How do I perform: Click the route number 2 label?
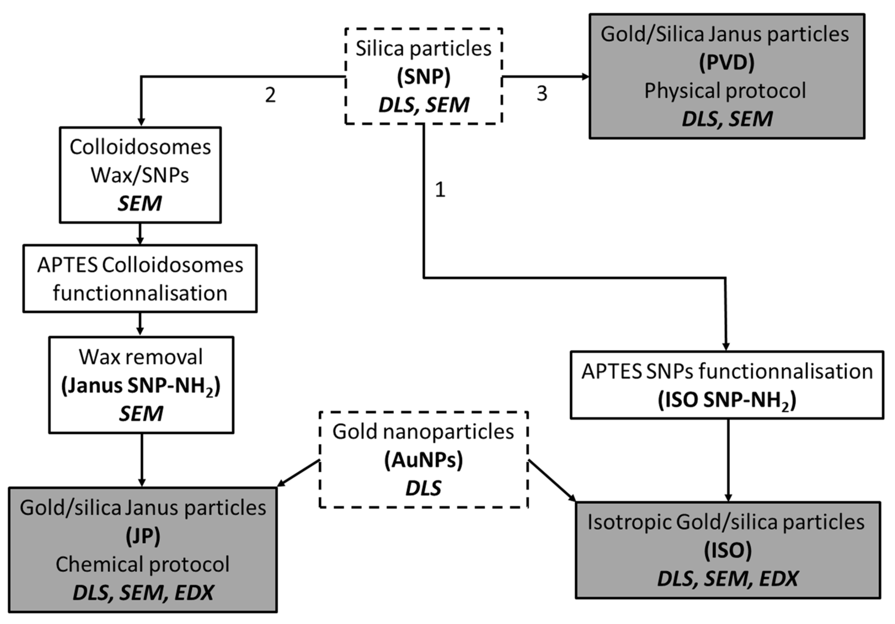click(x=270, y=95)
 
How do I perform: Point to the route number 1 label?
click(x=440, y=189)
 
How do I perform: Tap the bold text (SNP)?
click(x=423, y=77)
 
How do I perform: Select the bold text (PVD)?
click(x=726, y=62)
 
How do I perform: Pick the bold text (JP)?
click(x=143, y=537)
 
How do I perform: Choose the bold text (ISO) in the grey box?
click(x=728, y=551)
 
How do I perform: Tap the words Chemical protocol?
click(x=142, y=565)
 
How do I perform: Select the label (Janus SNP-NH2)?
click(x=141, y=386)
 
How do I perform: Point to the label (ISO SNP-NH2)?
click(x=726, y=400)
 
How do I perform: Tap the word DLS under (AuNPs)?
click(x=423, y=488)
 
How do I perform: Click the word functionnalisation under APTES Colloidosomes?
click(x=140, y=293)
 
